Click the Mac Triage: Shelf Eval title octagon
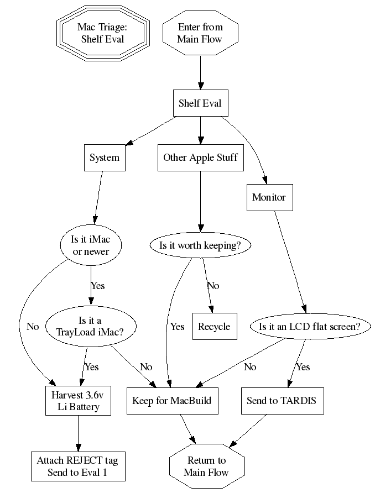[102, 33]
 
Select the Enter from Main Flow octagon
[200, 33]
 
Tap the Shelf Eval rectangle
[200, 103]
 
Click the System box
[104, 158]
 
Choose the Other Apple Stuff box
[200, 158]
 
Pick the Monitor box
[269, 197]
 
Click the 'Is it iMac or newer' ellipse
[91, 245]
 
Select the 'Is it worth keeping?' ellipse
[200, 245]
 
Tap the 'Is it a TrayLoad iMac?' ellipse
[90, 327]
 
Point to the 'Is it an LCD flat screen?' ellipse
[309, 327]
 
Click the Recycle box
[214, 327]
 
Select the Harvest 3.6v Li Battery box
[77, 401]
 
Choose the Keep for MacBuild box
[172, 401]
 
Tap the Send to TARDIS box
[281, 401]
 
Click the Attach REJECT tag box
[77, 466]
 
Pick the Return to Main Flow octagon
[206, 466]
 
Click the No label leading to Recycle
[213, 286]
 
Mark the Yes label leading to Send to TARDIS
[303, 367]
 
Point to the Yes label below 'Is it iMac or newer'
[97, 286]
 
